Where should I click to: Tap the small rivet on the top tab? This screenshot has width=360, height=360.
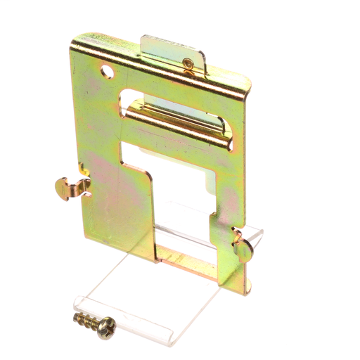[187, 64]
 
